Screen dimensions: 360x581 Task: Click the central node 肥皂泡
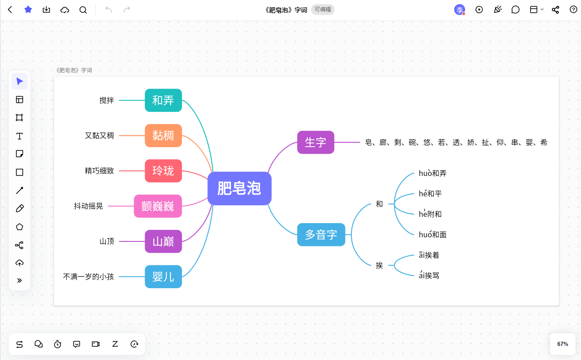pyautogui.click(x=239, y=188)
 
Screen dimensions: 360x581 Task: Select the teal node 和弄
pyautogui.click(x=163, y=100)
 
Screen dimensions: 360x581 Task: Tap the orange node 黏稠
pyautogui.click(x=163, y=135)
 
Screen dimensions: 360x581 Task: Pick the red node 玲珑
pyautogui.click(x=163, y=171)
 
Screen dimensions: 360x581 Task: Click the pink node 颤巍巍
pyautogui.click(x=158, y=206)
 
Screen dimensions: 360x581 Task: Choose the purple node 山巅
pyautogui.click(x=163, y=241)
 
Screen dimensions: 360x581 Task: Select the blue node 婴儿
pyautogui.click(x=163, y=276)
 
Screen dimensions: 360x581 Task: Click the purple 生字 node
pyautogui.click(x=316, y=142)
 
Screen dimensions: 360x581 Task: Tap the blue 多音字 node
pyautogui.click(x=321, y=235)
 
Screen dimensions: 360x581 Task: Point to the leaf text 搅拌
pyautogui.click(x=107, y=100)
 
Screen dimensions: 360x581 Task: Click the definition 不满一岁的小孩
pyautogui.click(x=89, y=276)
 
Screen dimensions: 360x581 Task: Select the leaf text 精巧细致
pyautogui.click(x=99, y=171)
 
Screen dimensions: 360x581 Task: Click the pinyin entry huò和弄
pyautogui.click(x=433, y=173)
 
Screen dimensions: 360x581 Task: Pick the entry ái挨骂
pyautogui.click(x=429, y=275)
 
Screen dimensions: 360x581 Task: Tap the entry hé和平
pyautogui.click(x=430, y=194)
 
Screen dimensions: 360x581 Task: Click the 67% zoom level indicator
pyautogui.click(x=562, y=344)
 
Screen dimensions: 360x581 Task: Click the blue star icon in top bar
pyautogui.click(x=28, y=10)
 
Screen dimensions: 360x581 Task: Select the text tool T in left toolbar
pyautogui.click(x=20, y=136)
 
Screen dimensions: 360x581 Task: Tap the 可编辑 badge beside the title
pyautogui.click(x=322, y=10)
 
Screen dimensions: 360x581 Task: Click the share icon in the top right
pyautogui.click(x=555, y=10)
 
